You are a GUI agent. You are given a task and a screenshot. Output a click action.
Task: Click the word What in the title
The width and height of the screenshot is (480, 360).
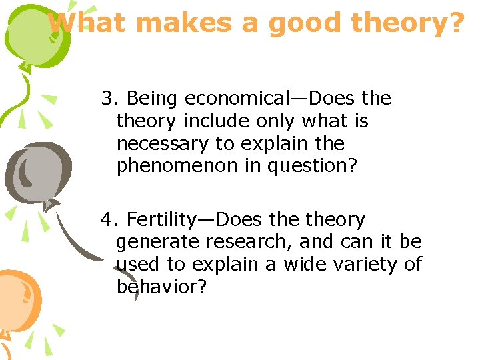pyautogui.click(x=86, y=23)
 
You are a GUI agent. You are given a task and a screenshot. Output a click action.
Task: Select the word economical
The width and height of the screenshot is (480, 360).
pyautogui.click(x=239, y=99)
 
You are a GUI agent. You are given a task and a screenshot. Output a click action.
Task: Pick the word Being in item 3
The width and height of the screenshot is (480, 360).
pyautogui.click(x=153, y=99)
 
